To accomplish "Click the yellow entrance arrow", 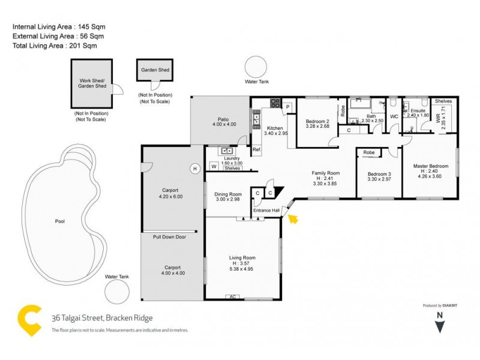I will tap(293, 218).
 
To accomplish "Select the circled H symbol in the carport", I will tap(194, 169).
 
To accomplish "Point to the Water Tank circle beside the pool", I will tap(117, 292).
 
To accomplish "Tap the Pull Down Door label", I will tap(169, 237).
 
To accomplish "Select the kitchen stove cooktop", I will tap(275, 103).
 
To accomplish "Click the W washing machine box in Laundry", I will tap(213, 166).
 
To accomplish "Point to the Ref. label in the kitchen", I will tap(256, 149).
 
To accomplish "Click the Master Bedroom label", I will tap(430, 166).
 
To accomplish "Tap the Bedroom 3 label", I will tap(379, 174).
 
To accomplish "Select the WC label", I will tap(394, 116).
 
